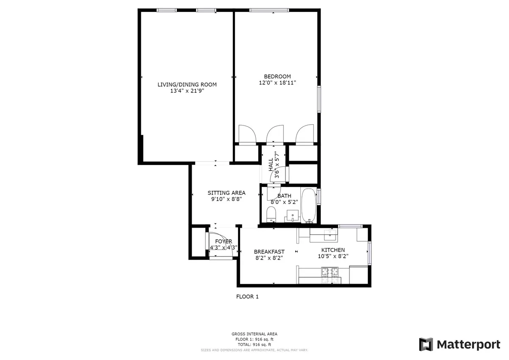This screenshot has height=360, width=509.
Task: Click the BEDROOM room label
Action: click(x=277, y=76)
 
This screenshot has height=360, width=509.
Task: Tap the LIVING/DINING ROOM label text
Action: click(x=187, y=84)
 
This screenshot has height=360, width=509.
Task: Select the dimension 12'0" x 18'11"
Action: click(x=277, y=83)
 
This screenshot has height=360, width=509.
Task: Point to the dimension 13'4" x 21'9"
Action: click(x=187, y=91)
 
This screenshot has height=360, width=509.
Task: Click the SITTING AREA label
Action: click(x=226, y=193)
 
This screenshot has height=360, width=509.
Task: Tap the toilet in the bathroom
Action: click(x=271, y=215)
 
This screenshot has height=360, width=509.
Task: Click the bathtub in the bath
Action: click(x=308, y=206)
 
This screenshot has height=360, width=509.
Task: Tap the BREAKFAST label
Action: click(x=269, y=251)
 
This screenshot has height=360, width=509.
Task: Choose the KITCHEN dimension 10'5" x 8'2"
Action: click(x=333, y=256)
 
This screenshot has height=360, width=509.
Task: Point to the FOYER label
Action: click(x=224, y=241)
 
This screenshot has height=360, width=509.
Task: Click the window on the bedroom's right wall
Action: click(x=319, y=99)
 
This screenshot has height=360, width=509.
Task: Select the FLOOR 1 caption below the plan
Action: click(x=247, y=297)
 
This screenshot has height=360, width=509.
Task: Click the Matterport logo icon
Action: click(x=426, y=344)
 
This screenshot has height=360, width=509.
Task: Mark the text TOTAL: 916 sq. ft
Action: click(x=255, y=344)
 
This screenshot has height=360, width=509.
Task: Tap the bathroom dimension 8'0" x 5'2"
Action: click(x=285, y=202)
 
